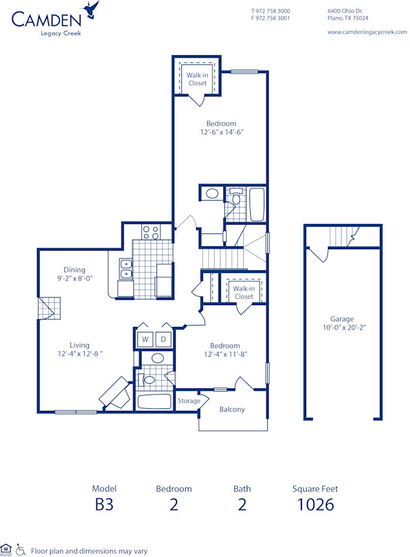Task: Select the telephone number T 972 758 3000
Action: click(x=271, y=11)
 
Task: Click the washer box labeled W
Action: click(x=146, y=339)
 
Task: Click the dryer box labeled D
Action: click(x=164, y=339)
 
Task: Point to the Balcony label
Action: click(x=232, y=410)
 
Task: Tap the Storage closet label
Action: click(x=189, y=401)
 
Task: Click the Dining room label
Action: click(x=74, y=270)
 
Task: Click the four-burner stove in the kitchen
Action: click(x=150, y=232)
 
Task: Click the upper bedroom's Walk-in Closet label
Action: click(x=197, y=79)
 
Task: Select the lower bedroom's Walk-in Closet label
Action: click(x=243, y=292)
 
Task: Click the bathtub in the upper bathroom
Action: click(x=256, y=203)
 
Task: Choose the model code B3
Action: click(x=104, y=505)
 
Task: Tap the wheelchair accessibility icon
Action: click(x=20, y=548)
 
